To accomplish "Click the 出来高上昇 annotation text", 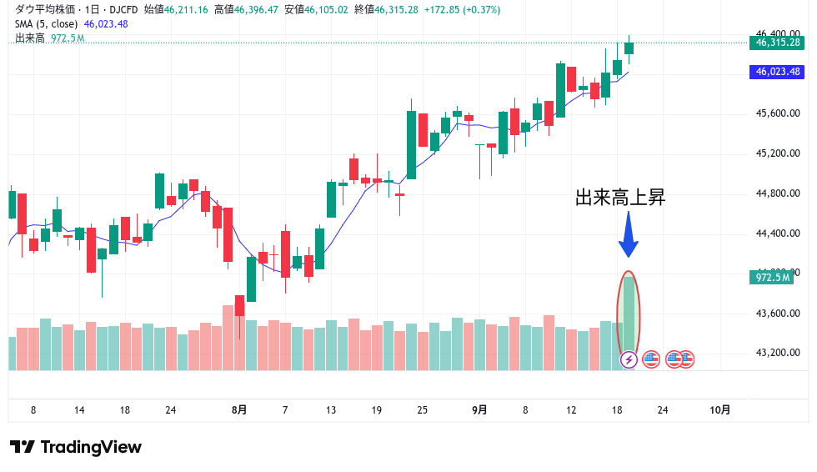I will (620, 198).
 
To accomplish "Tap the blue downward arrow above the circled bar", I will (629, 236).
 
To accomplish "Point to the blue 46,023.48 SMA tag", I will (777, 72).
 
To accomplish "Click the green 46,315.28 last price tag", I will (777, 43).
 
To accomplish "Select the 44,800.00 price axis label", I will (777, 193).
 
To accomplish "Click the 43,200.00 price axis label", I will (777, 353).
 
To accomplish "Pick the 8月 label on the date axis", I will (239, 409).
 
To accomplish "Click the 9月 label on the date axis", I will (479, 409).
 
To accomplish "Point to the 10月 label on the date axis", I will (719, 409).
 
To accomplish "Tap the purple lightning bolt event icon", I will (629, 359).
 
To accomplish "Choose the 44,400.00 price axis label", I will (777, 233).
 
